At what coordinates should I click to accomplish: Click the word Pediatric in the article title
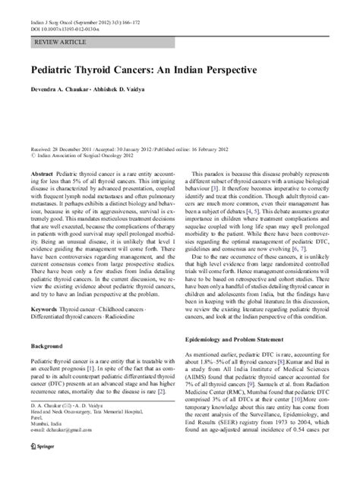pyautogui.click(x=52, y=68)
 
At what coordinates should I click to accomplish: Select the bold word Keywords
pyautogui.click(x=43, y=332)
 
